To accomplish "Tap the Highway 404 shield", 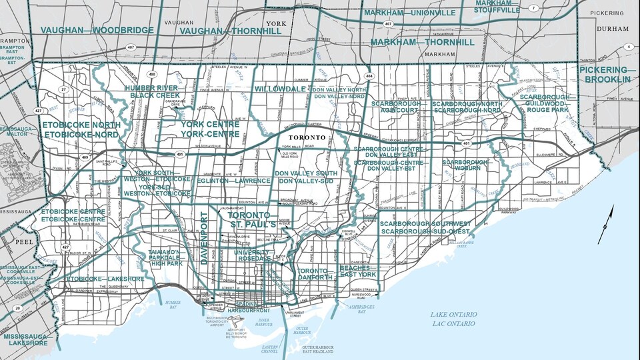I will tap(369, 77).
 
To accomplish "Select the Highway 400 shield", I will tap(153, 74).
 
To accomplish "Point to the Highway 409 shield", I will tap(85, 157).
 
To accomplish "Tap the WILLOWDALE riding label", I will tap(279, 89).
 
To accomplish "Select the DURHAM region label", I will tap(613, 29).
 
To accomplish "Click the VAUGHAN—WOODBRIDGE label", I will tap(97, 30).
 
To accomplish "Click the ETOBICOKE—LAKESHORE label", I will tap(105, 279).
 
